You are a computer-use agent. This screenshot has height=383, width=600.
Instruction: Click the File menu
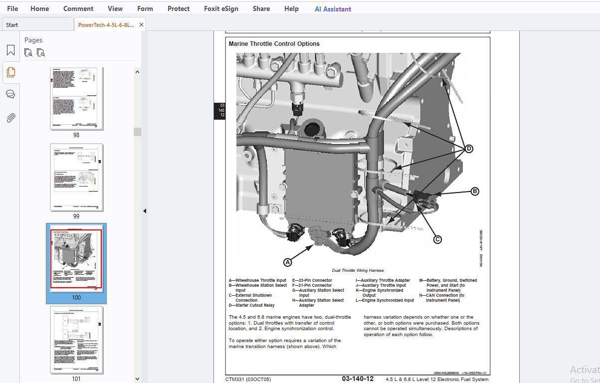point(12,8)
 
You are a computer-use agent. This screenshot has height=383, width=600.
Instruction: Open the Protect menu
point(179,8)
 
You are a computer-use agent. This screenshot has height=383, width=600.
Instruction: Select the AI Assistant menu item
point(333,9)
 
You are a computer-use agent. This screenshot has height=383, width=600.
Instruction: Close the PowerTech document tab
point(141,24)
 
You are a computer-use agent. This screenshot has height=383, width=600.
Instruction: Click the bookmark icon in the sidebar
point(10,50)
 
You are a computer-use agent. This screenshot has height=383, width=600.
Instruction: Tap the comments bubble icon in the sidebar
point(10,94)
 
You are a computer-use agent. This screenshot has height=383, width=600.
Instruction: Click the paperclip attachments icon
point(10,118)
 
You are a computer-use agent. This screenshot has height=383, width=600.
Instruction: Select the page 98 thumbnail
point(76,99)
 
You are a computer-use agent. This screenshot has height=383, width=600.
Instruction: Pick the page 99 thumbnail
point(76,177)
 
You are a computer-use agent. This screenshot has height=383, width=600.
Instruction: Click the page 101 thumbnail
point(76,340)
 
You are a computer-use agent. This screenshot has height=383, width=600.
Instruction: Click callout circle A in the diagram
point(287,262)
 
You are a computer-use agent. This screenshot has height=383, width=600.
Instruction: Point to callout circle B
point(475,191)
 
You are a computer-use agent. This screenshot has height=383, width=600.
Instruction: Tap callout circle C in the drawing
point(437,239)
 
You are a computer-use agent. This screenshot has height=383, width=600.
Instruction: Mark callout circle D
point(468,149)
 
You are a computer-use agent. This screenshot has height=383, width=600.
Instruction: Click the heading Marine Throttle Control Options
point(274,44)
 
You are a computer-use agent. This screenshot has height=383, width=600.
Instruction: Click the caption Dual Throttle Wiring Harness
point(358,270)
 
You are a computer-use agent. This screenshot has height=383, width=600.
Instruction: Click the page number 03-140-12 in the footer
point(357,379)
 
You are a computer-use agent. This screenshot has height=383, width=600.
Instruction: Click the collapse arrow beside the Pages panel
point(145,211)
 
